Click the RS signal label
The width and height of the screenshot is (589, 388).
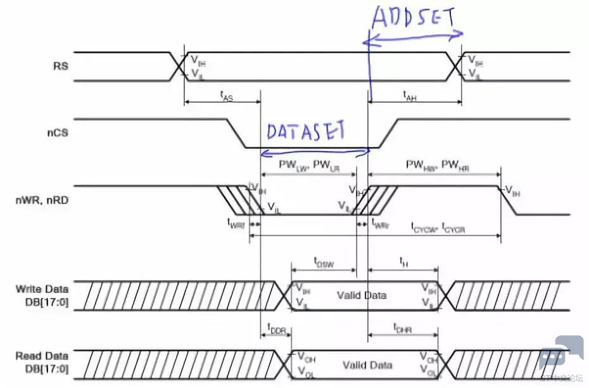click(61, 65)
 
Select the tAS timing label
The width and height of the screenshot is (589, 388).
click(225, 95)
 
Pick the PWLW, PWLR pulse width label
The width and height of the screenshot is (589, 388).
click(308, 164)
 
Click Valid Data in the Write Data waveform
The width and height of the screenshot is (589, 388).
click(362, 295)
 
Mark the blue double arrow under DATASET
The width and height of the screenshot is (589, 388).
click(315, 152)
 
